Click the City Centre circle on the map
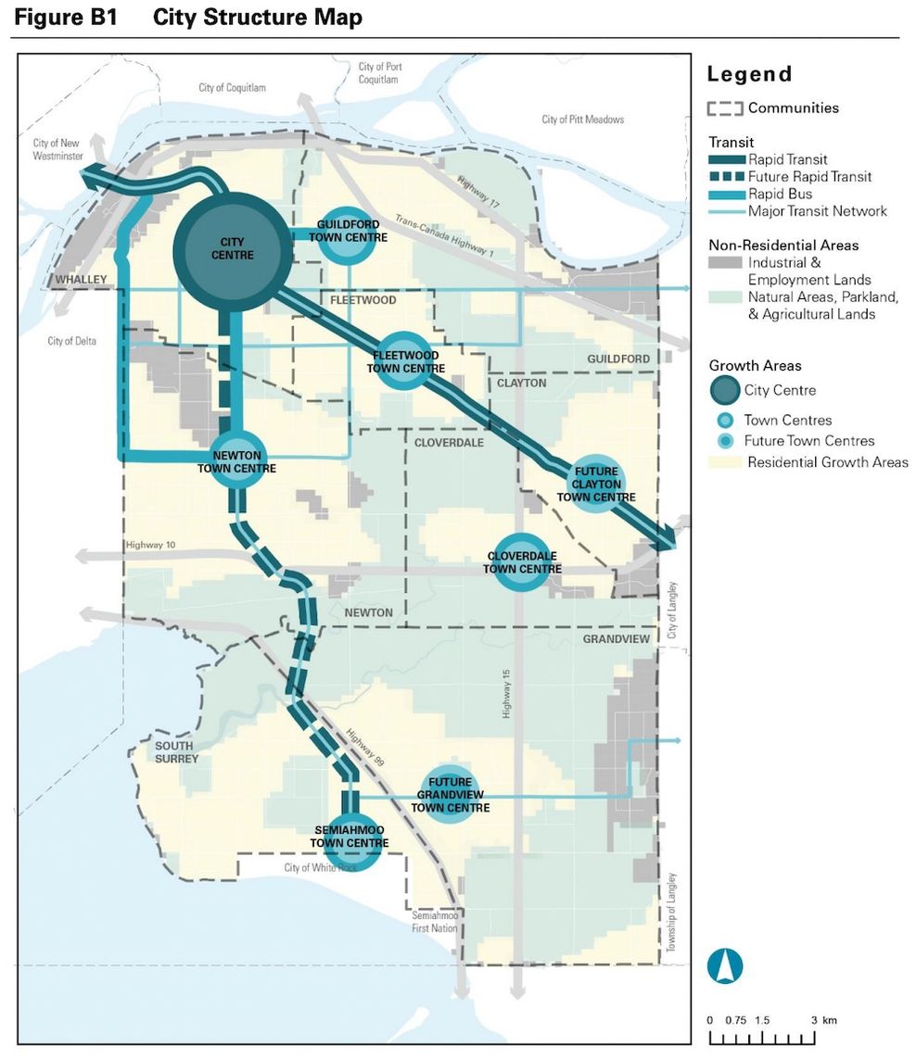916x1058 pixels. (x=233, y=251)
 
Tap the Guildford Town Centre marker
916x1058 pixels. (x=350, y=233)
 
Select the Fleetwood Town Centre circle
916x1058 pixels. (x=405, y=361)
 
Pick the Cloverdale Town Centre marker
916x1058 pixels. (x=521, y=561)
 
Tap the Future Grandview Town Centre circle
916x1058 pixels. (x=450, y=795)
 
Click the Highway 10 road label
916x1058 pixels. (x=151, y=544)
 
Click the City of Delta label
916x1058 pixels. (x=71, y=342)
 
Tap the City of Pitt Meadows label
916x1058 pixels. (x=582, y=120)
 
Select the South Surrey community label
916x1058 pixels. (x=175, y=752)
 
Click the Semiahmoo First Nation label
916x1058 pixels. (x=435, y=921)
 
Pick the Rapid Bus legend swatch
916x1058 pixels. (x=726, y=194)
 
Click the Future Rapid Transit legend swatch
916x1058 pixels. (x=726, y=176)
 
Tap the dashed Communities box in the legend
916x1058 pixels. (x=725, y=108)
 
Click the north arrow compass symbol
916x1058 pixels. (x=725, y=965)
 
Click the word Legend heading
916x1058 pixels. (x=749, y=74)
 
